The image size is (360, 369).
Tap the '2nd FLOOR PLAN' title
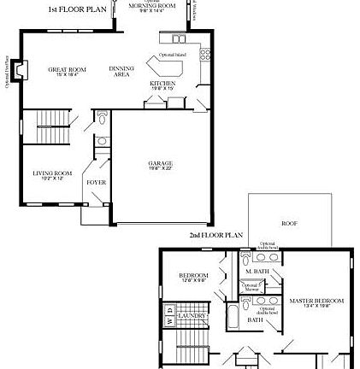(x=216, y=234)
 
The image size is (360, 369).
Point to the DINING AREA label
(x=121, y=71)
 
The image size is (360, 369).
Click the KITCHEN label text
(x=162, y=85)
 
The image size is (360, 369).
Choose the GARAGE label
(x=160, y=164)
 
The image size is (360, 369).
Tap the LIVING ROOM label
(x=53, y=175)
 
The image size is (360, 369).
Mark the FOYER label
(x=96, y=182)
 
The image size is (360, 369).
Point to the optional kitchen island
(x=165, y=64)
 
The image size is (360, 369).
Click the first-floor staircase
(x=52, y=128)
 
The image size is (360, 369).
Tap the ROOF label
(x=289, y=223)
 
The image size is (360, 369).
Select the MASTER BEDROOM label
(x=316, y=302)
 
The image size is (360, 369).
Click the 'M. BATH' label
(x=257, y=271)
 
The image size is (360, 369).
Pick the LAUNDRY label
(x=192, y=315)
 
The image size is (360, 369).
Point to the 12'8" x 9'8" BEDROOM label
(x=194, y=277)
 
